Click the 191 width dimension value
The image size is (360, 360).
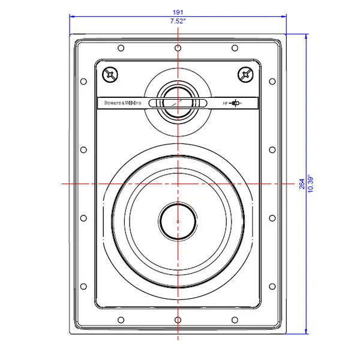tap(178, 12)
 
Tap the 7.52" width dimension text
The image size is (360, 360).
tap(178, 21)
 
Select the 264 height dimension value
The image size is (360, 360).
tap(302, 184)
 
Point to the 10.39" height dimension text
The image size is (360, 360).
tap(310, 184)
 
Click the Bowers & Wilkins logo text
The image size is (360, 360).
tap(122, 103)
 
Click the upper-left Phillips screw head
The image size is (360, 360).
tap(110, 74)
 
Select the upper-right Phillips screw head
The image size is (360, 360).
tap(245, 74)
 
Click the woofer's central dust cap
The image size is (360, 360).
tap(178, 221)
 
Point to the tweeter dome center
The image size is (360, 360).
tap(178, 102)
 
